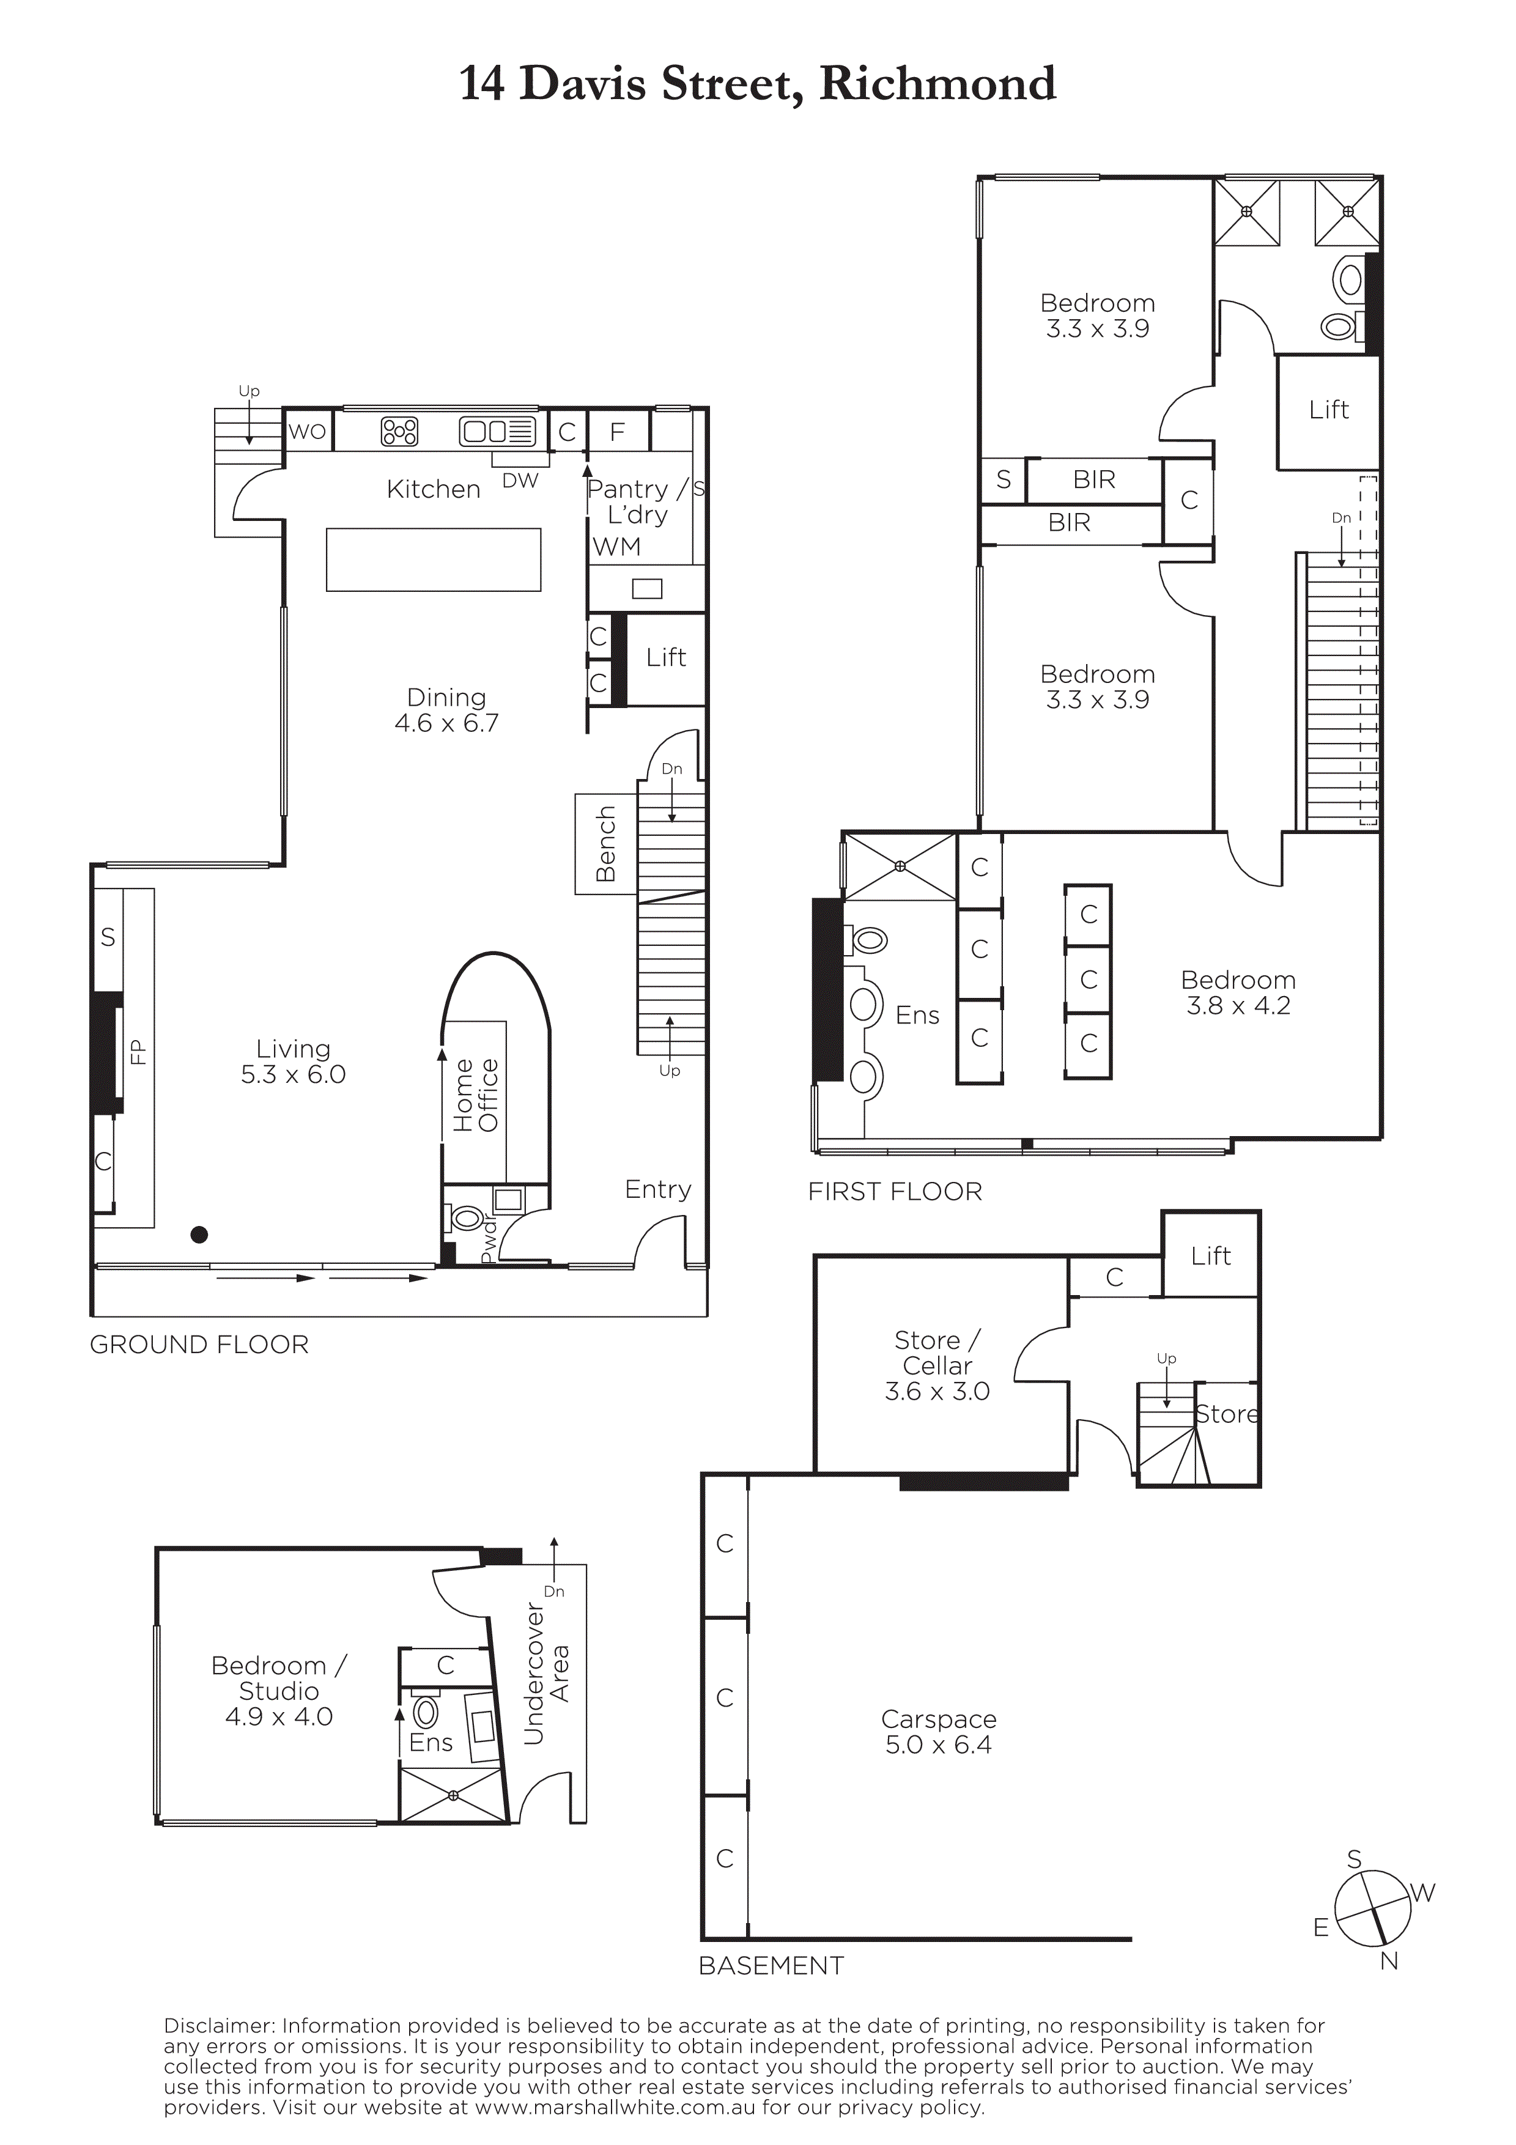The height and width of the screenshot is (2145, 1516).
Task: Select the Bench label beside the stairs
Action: (x=606, y=844)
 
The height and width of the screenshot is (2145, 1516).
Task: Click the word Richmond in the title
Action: (x=938, y=83)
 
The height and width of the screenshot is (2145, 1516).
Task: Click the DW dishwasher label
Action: (x=520, y=480)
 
